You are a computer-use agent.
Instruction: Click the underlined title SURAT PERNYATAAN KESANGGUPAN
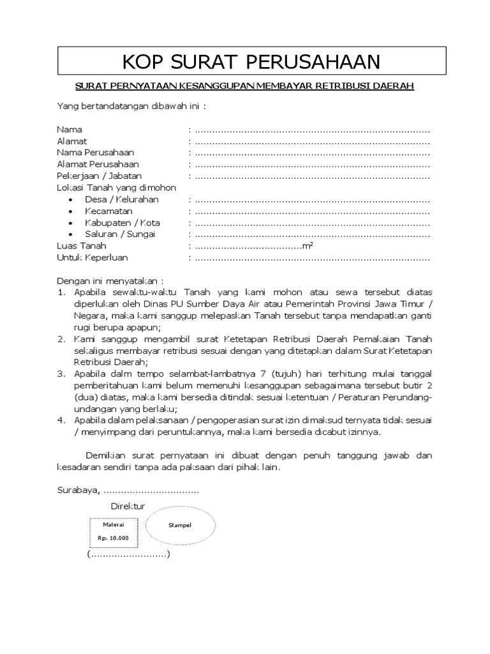click(245, 86)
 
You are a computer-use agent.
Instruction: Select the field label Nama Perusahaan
click(96, 153)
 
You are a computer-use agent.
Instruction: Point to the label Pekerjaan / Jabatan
click(100, 176)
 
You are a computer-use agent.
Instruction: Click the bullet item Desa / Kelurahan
click(121, 199)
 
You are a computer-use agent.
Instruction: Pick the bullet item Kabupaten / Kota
click(122, 223)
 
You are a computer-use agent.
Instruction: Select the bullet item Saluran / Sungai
click(120, 234)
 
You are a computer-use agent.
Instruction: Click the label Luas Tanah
click(82, 246)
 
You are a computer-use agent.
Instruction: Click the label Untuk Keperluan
click(93, 257)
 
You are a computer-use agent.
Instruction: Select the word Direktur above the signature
click(128, 506)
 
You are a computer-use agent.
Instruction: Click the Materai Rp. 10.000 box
click(113, 531)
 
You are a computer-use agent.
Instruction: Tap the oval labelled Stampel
click(179, 525)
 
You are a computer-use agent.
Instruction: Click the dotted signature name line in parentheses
click(129, 555)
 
